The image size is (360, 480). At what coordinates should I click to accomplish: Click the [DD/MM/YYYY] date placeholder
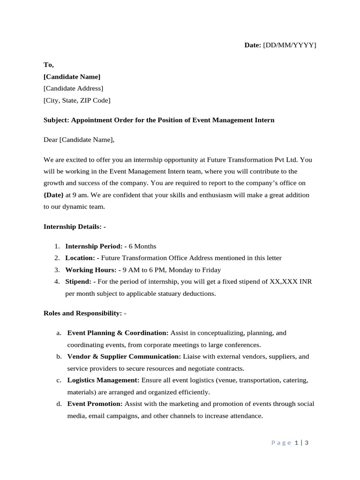point(290,45)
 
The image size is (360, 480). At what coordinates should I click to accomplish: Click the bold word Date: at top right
point(252,45)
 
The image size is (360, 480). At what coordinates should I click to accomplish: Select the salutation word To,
point(49,65)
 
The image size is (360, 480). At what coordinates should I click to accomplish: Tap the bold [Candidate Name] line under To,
point(72,76)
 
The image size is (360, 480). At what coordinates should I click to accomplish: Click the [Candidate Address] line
point(73,88)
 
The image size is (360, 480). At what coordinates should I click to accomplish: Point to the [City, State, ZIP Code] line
point(77,100)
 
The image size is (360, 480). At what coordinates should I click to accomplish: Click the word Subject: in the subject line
point(56,120)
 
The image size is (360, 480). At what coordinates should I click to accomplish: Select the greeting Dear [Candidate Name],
point(79,140)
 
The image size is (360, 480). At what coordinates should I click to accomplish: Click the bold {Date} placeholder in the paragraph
point(53,195)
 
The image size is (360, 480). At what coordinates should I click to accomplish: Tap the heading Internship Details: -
point(75,226)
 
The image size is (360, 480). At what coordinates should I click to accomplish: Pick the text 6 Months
point(143,246)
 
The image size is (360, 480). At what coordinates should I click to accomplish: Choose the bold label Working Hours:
point(90,270)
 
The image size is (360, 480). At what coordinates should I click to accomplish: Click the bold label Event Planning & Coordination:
point(118,333)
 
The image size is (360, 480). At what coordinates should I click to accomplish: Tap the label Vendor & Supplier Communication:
point(124,356)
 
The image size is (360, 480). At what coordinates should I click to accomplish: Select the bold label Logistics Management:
point(103,380)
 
